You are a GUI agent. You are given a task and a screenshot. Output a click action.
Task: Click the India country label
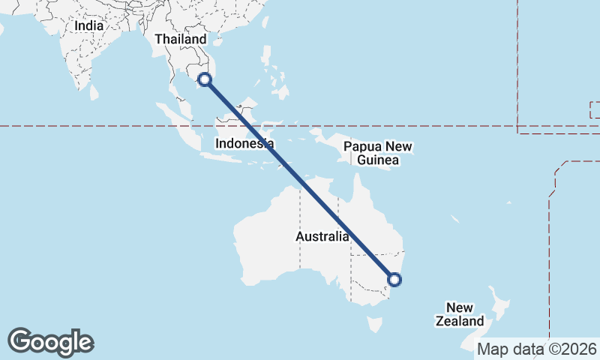[x=88, y=25]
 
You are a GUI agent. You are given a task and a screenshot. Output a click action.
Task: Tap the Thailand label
[x=180, y=39]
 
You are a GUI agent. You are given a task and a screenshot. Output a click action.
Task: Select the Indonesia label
[x=244, y=143]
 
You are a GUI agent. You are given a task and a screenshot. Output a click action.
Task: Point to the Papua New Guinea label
[x=379, y=154]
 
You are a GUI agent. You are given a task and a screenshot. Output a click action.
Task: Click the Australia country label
[x=322, y=237]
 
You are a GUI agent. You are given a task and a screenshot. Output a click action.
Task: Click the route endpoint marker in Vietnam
[x=205, y=79]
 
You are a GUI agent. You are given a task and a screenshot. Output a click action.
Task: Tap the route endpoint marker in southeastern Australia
[x=394, y=280]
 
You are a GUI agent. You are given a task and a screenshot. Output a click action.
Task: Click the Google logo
[x=51, y=342]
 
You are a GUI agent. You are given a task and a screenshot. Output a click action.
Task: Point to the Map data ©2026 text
[x=537, y=349]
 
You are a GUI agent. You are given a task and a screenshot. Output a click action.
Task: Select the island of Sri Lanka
[x=94, y=92]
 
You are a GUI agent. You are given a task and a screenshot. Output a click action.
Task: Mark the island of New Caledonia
[x=454, y=219]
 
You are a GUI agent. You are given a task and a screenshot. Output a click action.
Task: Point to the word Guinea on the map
[x=378, y=160]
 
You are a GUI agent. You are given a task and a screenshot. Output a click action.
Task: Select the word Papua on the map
[x=359, y=147]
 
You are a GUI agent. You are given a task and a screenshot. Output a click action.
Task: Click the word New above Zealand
[x=459, y=307]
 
